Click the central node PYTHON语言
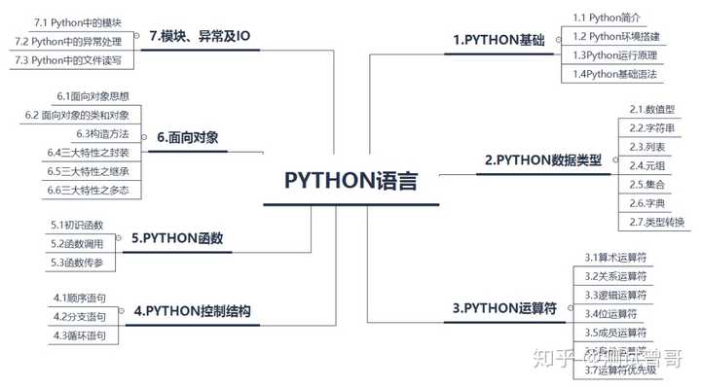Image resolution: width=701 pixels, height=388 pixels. point(350,181)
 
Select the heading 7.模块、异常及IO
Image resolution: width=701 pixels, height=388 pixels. point(200,37)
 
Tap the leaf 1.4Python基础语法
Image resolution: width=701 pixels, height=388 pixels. point(615,74)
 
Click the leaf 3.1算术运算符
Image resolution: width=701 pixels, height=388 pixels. point(616,258)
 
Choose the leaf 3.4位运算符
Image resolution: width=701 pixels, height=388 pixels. point(611,313)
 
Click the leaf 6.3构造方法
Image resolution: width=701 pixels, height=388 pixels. point(102,133)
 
